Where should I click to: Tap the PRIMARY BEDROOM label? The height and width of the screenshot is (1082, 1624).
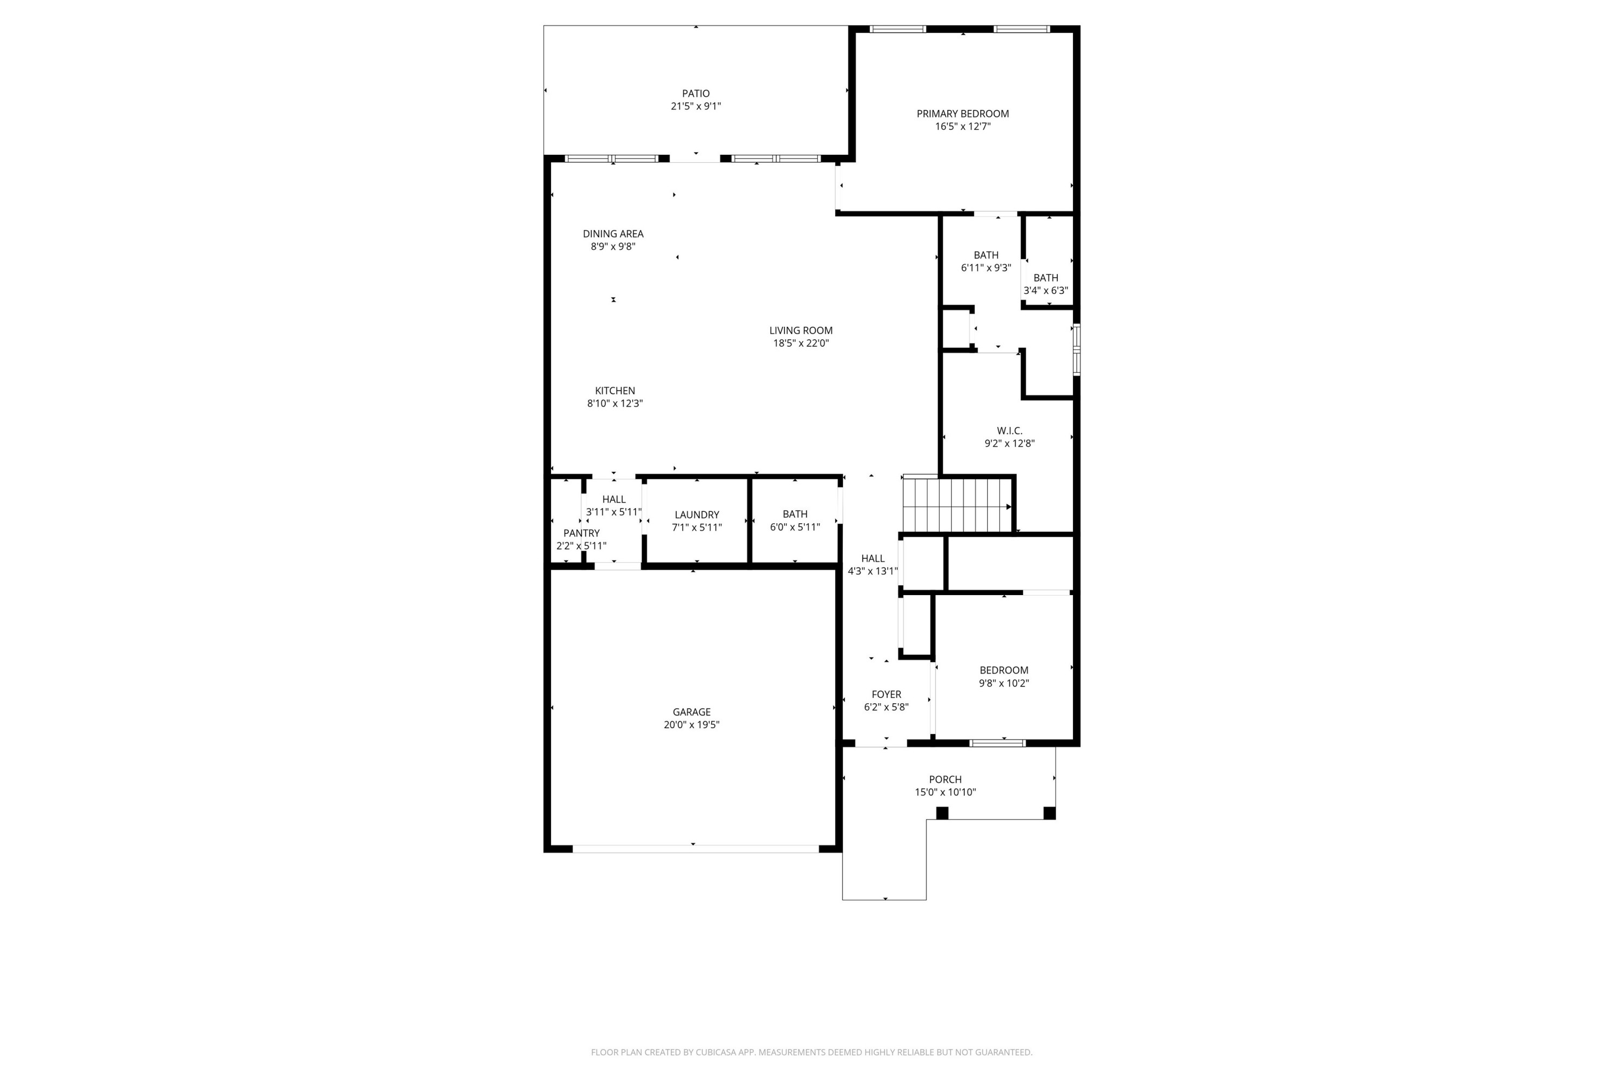pyautogui.click(x=962, y=114)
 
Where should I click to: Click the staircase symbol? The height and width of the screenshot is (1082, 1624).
pyautogui.click(x=957, y=506)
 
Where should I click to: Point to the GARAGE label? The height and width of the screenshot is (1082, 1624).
pyautogui.click(x=691, y=712)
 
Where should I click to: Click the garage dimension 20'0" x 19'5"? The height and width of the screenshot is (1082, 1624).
pyautogui.click(x=691, y=724)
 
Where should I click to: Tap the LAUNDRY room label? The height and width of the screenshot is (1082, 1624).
pyautogui.click(x=697, y=515)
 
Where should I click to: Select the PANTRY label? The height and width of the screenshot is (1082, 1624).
pyautogui.click(x=581, y=533)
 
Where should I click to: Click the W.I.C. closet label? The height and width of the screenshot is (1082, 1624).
pyautogui.click(x=1010, y=431)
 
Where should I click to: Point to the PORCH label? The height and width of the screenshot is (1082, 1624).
pyautogui.click(x=945, y=779)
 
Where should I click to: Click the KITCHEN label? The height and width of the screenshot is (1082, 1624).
pyautogui.click(x=614, y=391)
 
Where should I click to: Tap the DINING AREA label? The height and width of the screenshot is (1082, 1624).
pyautogui.click(x=612, y=234)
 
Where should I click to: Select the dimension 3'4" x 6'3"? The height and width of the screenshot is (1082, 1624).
pyautogui.click(x=1045, y=291)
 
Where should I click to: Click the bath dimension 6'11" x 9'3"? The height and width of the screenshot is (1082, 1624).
pyautogui.click(x=985, y=268)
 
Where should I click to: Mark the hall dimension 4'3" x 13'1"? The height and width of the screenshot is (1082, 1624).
pyautogui.click(x=873, y=571)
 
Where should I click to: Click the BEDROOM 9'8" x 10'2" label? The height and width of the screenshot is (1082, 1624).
pyautogui.click(x=1003, y=670)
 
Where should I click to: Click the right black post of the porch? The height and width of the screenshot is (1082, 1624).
pyautogui.click(x=1049, y=813)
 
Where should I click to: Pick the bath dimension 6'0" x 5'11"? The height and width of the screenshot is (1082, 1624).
pyautogui.click(x=795, y=527)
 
